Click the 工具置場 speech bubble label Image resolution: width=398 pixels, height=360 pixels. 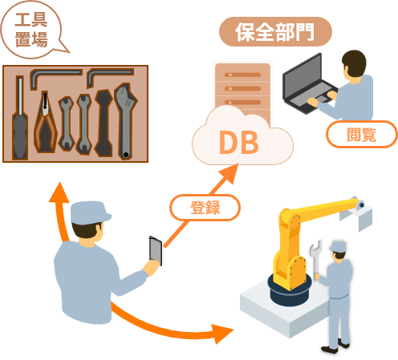click(31, 30)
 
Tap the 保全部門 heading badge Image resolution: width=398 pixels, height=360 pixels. click(275, 31)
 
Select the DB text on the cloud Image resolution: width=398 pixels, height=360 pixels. click(239, 143)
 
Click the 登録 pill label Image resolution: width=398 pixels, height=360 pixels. click(205, 208)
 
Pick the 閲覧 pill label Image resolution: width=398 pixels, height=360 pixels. click(362, 134)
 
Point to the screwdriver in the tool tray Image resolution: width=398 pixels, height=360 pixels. click(20, 118)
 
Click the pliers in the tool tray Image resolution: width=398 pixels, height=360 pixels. click(45, 123)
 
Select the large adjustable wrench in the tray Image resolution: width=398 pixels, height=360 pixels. click(126, 121)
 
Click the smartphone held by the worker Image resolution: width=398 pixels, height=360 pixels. click(156, 251)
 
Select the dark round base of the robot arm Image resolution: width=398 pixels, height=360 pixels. click(290, 292)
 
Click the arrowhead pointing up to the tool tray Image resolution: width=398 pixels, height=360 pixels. click(59, 192)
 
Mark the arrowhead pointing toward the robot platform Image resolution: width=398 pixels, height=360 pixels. click(222, 333)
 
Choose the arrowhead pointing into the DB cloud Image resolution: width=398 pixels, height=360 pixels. click(229, 174)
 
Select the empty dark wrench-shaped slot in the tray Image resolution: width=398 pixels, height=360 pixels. click(104, 123)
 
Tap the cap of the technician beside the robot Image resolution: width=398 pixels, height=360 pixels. click(339, 246)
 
